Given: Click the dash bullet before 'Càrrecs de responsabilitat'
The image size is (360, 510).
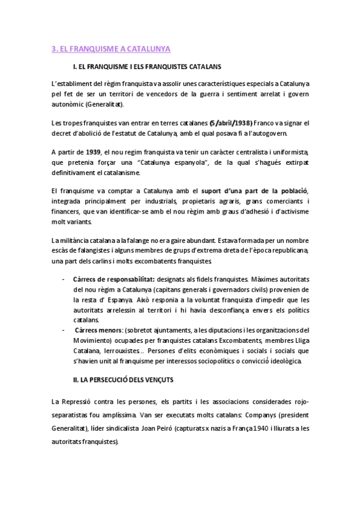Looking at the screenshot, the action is (x=64, y=280).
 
